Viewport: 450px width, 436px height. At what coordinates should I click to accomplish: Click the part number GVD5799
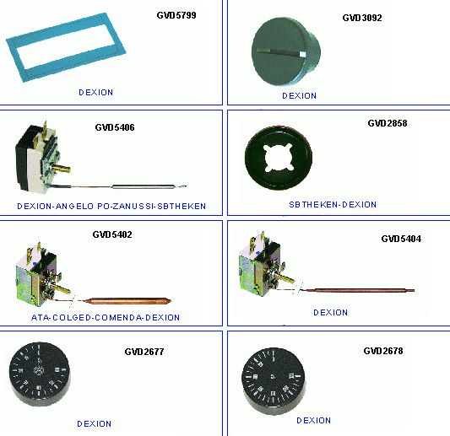coord(176,15)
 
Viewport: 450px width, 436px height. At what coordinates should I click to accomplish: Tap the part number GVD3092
coord(362,18)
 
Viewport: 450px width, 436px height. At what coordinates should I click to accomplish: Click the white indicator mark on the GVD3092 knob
coord(303,55)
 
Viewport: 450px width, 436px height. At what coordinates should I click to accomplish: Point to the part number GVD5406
coord(115,127)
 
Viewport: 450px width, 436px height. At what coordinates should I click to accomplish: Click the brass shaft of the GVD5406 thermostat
coord(62,168)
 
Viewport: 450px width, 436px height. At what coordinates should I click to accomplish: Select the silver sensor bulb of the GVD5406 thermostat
coord(144,186)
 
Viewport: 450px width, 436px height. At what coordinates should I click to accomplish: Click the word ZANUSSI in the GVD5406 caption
coord(133,206)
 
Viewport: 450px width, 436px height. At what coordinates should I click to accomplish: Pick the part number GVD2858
coord(388,123)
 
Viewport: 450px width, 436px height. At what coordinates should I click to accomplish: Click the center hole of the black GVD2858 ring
coord(279,158)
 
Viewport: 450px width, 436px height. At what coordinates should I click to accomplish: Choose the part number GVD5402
coord(112,234)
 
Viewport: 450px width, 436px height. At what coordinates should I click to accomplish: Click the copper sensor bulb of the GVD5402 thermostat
coord(128,301)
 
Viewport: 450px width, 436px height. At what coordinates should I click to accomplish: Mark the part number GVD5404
coord(401,239)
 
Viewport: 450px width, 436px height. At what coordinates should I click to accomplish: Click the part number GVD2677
coord(144,352)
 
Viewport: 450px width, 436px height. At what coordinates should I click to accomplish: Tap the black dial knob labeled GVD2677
coord(40,374)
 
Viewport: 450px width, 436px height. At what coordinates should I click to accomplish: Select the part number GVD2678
coord(383,351)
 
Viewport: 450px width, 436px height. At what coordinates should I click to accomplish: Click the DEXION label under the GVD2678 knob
coord(314,421)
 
